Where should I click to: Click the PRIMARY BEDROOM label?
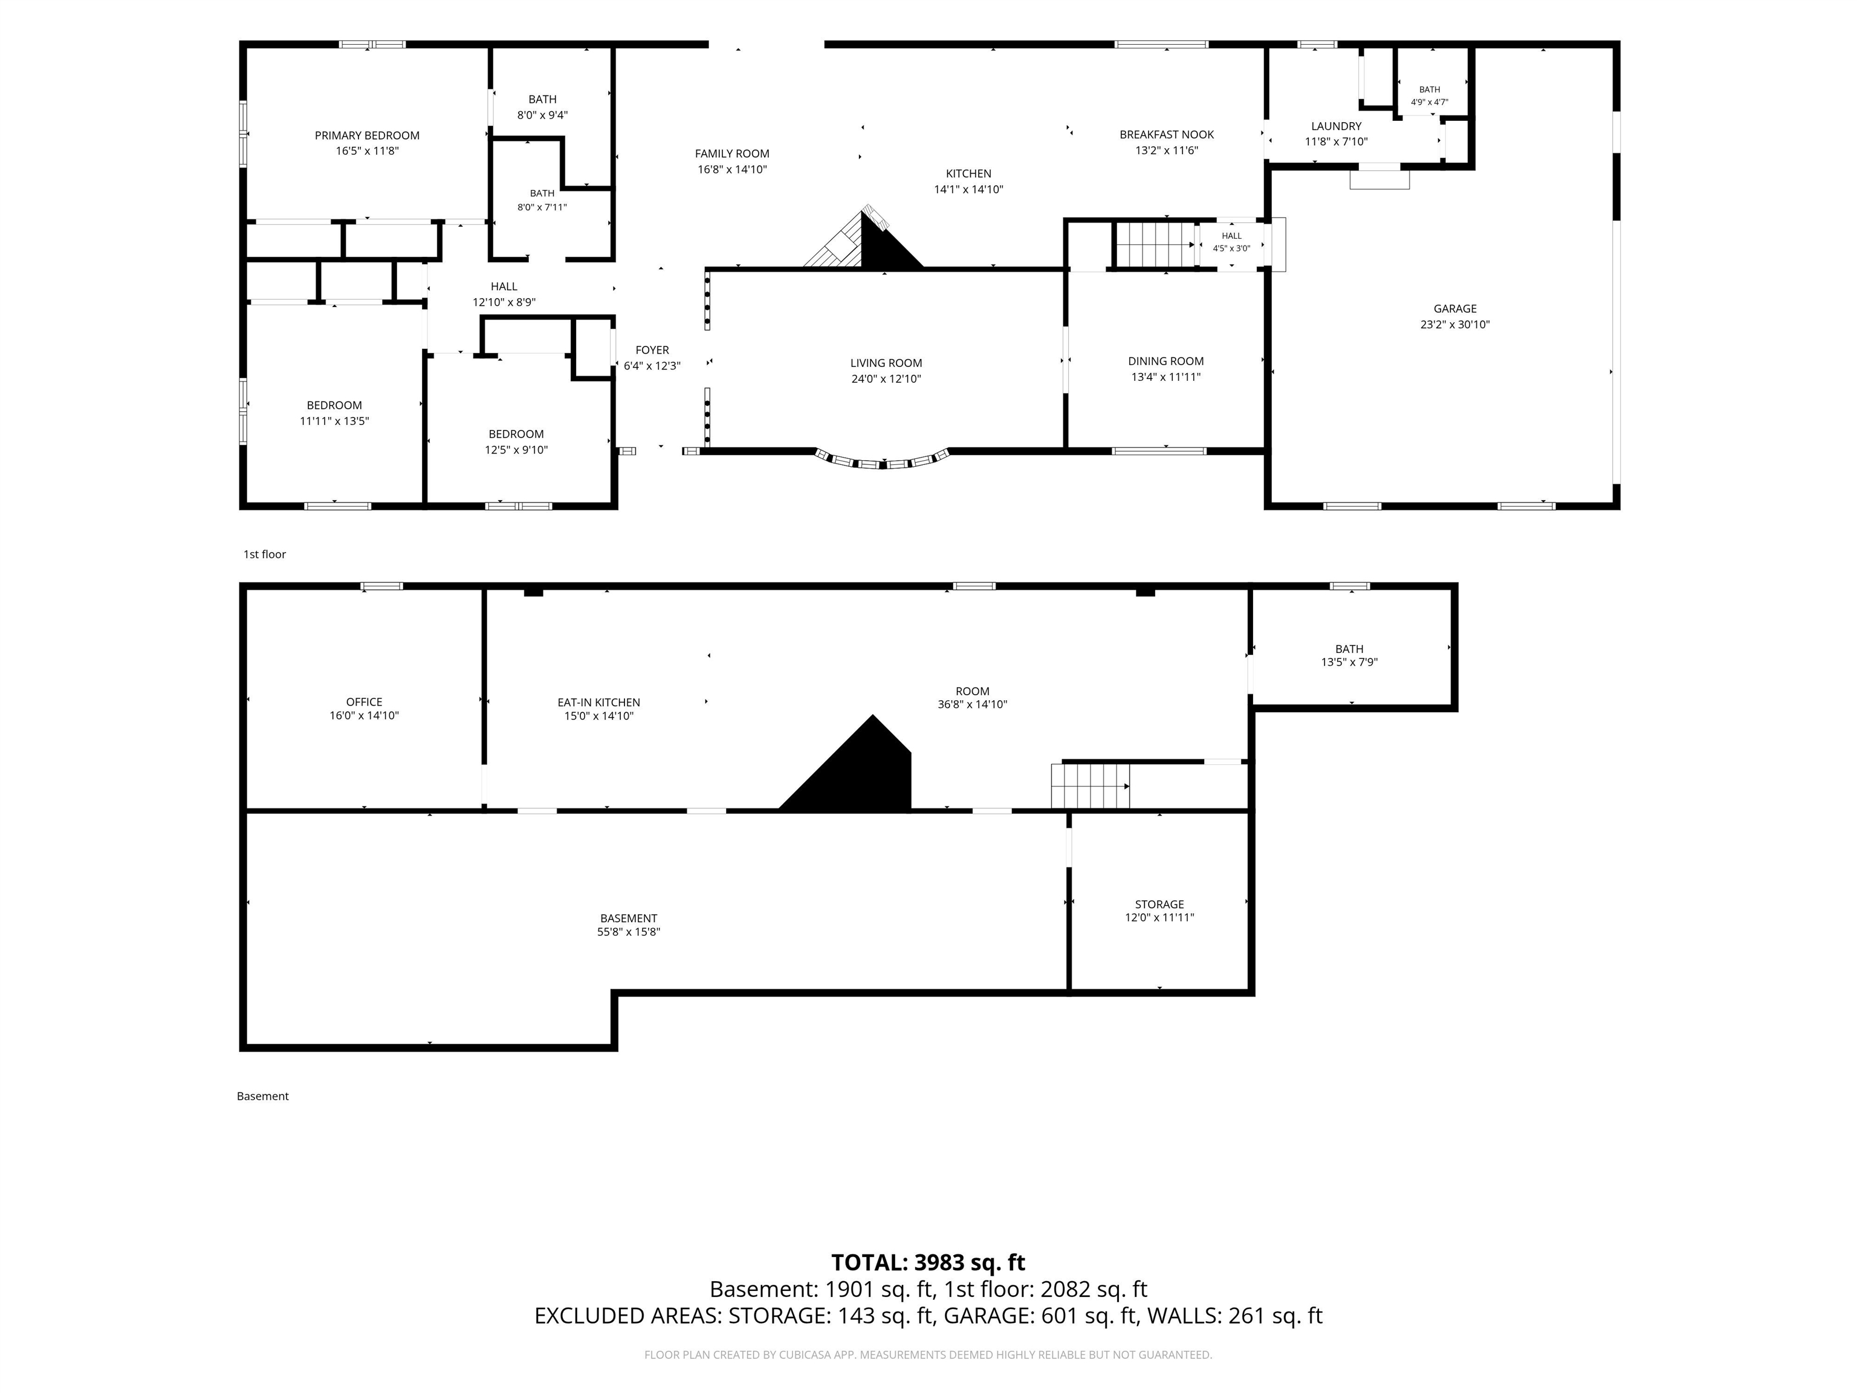click(367, 135)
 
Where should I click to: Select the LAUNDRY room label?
click(1336, 126)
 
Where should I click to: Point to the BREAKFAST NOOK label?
click(1166, 134)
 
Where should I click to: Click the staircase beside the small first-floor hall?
click(1155, 245)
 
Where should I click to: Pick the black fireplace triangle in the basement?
click(848, 764)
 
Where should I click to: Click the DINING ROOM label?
click(1165, 361)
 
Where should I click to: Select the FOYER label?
click(652, 350)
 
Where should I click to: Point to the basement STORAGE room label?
click(1159, 904)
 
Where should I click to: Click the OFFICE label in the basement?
click(363, 702)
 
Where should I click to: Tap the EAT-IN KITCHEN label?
click(598, 702)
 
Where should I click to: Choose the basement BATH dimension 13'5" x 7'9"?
click(1349, 663)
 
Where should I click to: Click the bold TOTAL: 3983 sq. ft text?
click(928, 1263)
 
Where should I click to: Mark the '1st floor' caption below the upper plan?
click(264, 554)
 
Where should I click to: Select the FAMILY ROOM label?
click(732, 154)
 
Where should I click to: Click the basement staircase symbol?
click(1091, 787)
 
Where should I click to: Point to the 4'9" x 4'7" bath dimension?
click(1429, 102)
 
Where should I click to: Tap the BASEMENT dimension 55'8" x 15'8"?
click(629, 932)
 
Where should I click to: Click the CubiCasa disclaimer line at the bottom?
click(928, 1354)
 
